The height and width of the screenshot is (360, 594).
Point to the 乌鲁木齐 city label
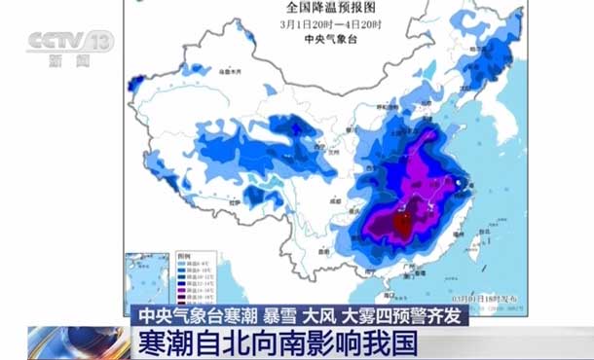[x=231, y=72]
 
